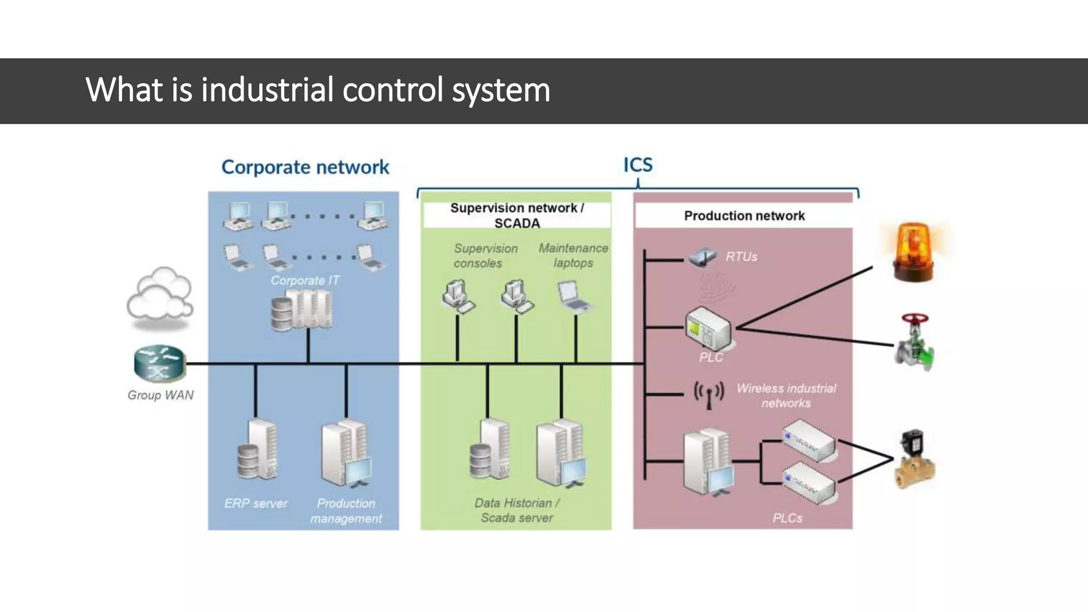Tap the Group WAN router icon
[159, 364]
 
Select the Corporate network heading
[305, 167]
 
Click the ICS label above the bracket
[637, 165]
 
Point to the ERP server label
[256, 503]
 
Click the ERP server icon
[257, 449]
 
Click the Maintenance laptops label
[573, 256]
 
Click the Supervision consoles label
[485, 256]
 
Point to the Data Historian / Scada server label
[517, 510]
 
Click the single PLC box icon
[708, 329]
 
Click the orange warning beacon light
[913, 252]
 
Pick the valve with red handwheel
[914, 343]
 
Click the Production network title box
[744, 216]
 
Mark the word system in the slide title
[501, 90]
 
